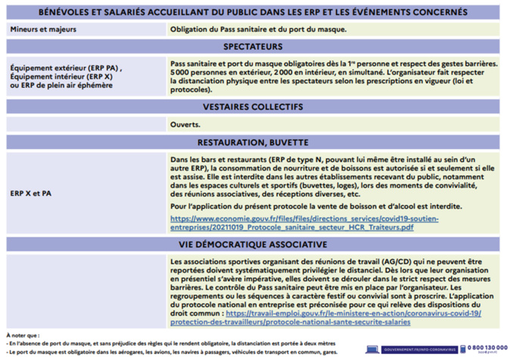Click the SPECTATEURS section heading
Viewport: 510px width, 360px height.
[x=254, y=46]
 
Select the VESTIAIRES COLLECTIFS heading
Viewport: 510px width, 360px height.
[x=254, y=107]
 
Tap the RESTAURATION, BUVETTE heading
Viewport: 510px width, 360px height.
[x=254, y=141]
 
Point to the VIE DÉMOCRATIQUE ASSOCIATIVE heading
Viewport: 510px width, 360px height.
[x=254, y=244]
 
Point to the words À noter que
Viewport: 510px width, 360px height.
[x=22, y=334]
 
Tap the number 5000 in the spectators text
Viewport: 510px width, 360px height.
[x=179, y=73]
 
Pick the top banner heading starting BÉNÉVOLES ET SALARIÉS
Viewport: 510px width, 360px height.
[x=254, y=12]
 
